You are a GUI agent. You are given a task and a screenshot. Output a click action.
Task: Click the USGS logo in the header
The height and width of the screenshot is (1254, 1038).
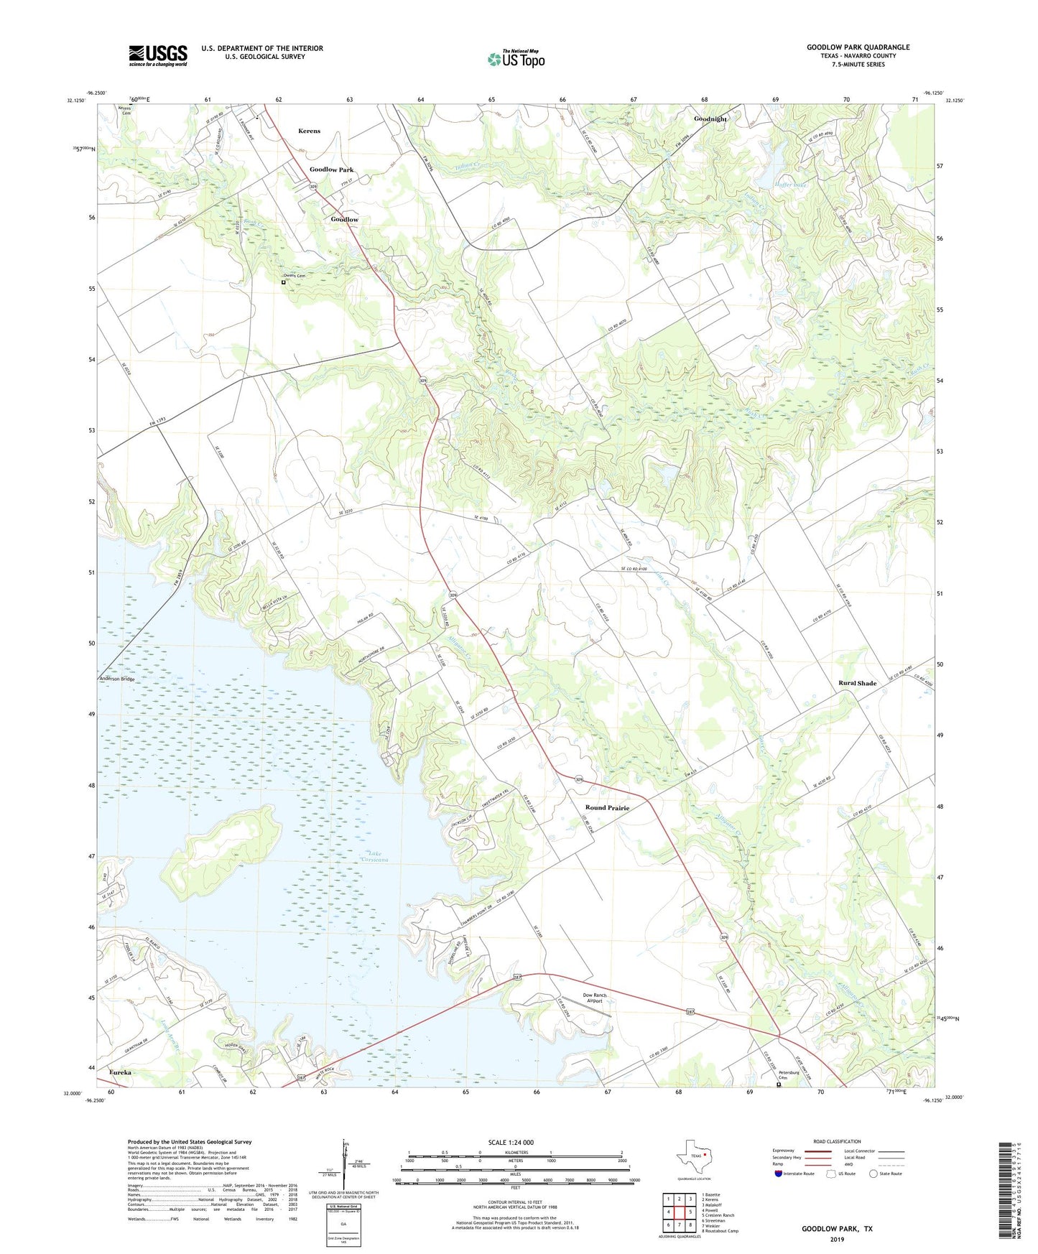click(x=158, y=55)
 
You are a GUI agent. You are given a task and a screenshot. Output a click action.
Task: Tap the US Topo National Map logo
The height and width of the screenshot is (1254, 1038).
click(x=516, y=59)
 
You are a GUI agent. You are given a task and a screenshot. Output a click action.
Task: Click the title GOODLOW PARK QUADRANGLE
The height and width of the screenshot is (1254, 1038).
click(x=858, y=47)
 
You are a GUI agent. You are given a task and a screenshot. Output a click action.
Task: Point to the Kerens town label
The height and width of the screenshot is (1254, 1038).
click(x=309, y=131)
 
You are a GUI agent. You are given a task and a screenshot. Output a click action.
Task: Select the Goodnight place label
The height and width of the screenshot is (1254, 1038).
click(x=710, y=119)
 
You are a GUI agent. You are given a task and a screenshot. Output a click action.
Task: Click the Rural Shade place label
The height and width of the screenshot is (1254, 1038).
click(x=857, y=683)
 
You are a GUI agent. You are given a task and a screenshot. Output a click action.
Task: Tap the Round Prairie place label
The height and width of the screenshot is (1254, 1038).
click(x=607, y=808)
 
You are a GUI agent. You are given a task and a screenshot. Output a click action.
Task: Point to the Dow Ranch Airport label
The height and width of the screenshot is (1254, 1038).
click(x=594, y=998)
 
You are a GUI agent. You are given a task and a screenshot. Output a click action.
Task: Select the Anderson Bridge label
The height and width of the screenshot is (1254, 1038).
click(x=116, y=679)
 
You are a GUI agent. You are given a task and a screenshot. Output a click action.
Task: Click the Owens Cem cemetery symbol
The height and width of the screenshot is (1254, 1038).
click(x=284, y=282)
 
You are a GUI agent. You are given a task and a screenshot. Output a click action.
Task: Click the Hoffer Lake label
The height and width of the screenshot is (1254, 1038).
click(x=793, y=185)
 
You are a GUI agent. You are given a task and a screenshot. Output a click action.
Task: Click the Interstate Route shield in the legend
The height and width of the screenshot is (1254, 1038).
click(x=779, y=1174)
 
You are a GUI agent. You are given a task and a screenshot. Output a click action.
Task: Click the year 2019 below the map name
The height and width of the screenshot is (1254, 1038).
click(x=837, y=1240)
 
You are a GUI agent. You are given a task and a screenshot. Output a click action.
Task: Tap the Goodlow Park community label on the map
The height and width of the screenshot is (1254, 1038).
click(x=331, y=170)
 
